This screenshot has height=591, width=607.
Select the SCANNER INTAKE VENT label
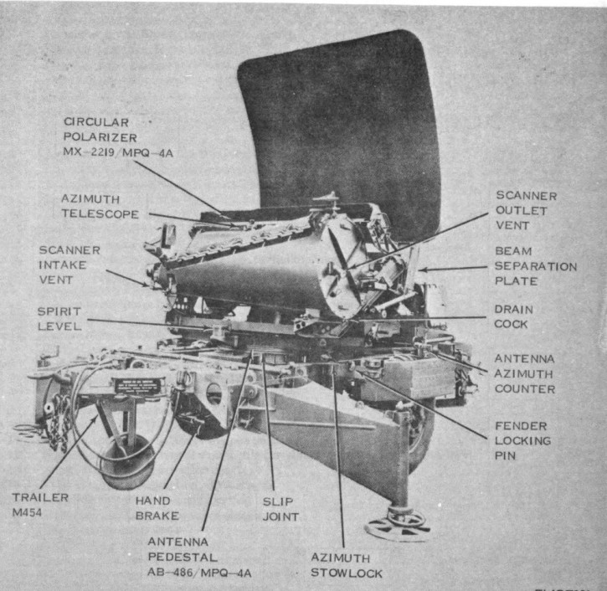click(69, 264)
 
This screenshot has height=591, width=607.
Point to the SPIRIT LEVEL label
click(60, 317)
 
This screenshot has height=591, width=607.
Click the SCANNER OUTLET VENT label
click(525, 209)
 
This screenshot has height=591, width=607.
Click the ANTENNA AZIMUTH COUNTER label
click(525, 373)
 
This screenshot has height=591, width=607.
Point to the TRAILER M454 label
click(40, 504)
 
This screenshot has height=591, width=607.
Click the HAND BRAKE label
click(157, 508)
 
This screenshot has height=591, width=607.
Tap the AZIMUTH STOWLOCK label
click(347, 565)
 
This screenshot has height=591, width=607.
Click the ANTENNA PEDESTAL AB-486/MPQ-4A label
click(198, 557)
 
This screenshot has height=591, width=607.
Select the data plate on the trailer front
click(138, 386)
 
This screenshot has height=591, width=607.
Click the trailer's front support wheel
click(127, 465)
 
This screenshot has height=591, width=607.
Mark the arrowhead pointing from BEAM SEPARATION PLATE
click(420, 270)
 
